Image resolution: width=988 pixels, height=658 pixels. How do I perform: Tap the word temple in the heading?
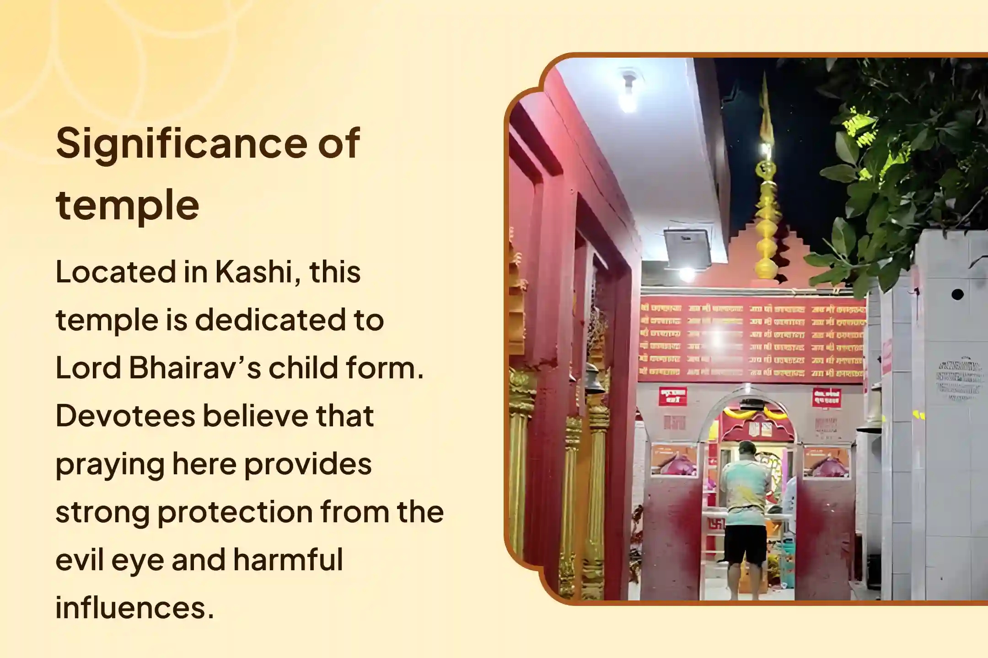click(x=128, y=205)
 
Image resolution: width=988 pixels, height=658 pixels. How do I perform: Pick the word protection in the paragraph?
click(x=235, y=512)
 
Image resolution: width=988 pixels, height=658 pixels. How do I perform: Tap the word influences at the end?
click(x=134, y=608)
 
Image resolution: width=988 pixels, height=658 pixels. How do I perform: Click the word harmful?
click(x=288, y=560)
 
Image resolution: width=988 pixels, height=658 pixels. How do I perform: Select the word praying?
click(x=110, y=465)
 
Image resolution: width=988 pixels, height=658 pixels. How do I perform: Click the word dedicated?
click(x=270, y=320)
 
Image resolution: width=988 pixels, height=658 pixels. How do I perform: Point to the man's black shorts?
click(x=745, y=545)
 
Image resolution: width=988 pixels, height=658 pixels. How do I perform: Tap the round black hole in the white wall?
click(x=957, y=295)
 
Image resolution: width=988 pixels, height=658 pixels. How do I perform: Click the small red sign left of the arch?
click(x=672, y=396)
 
